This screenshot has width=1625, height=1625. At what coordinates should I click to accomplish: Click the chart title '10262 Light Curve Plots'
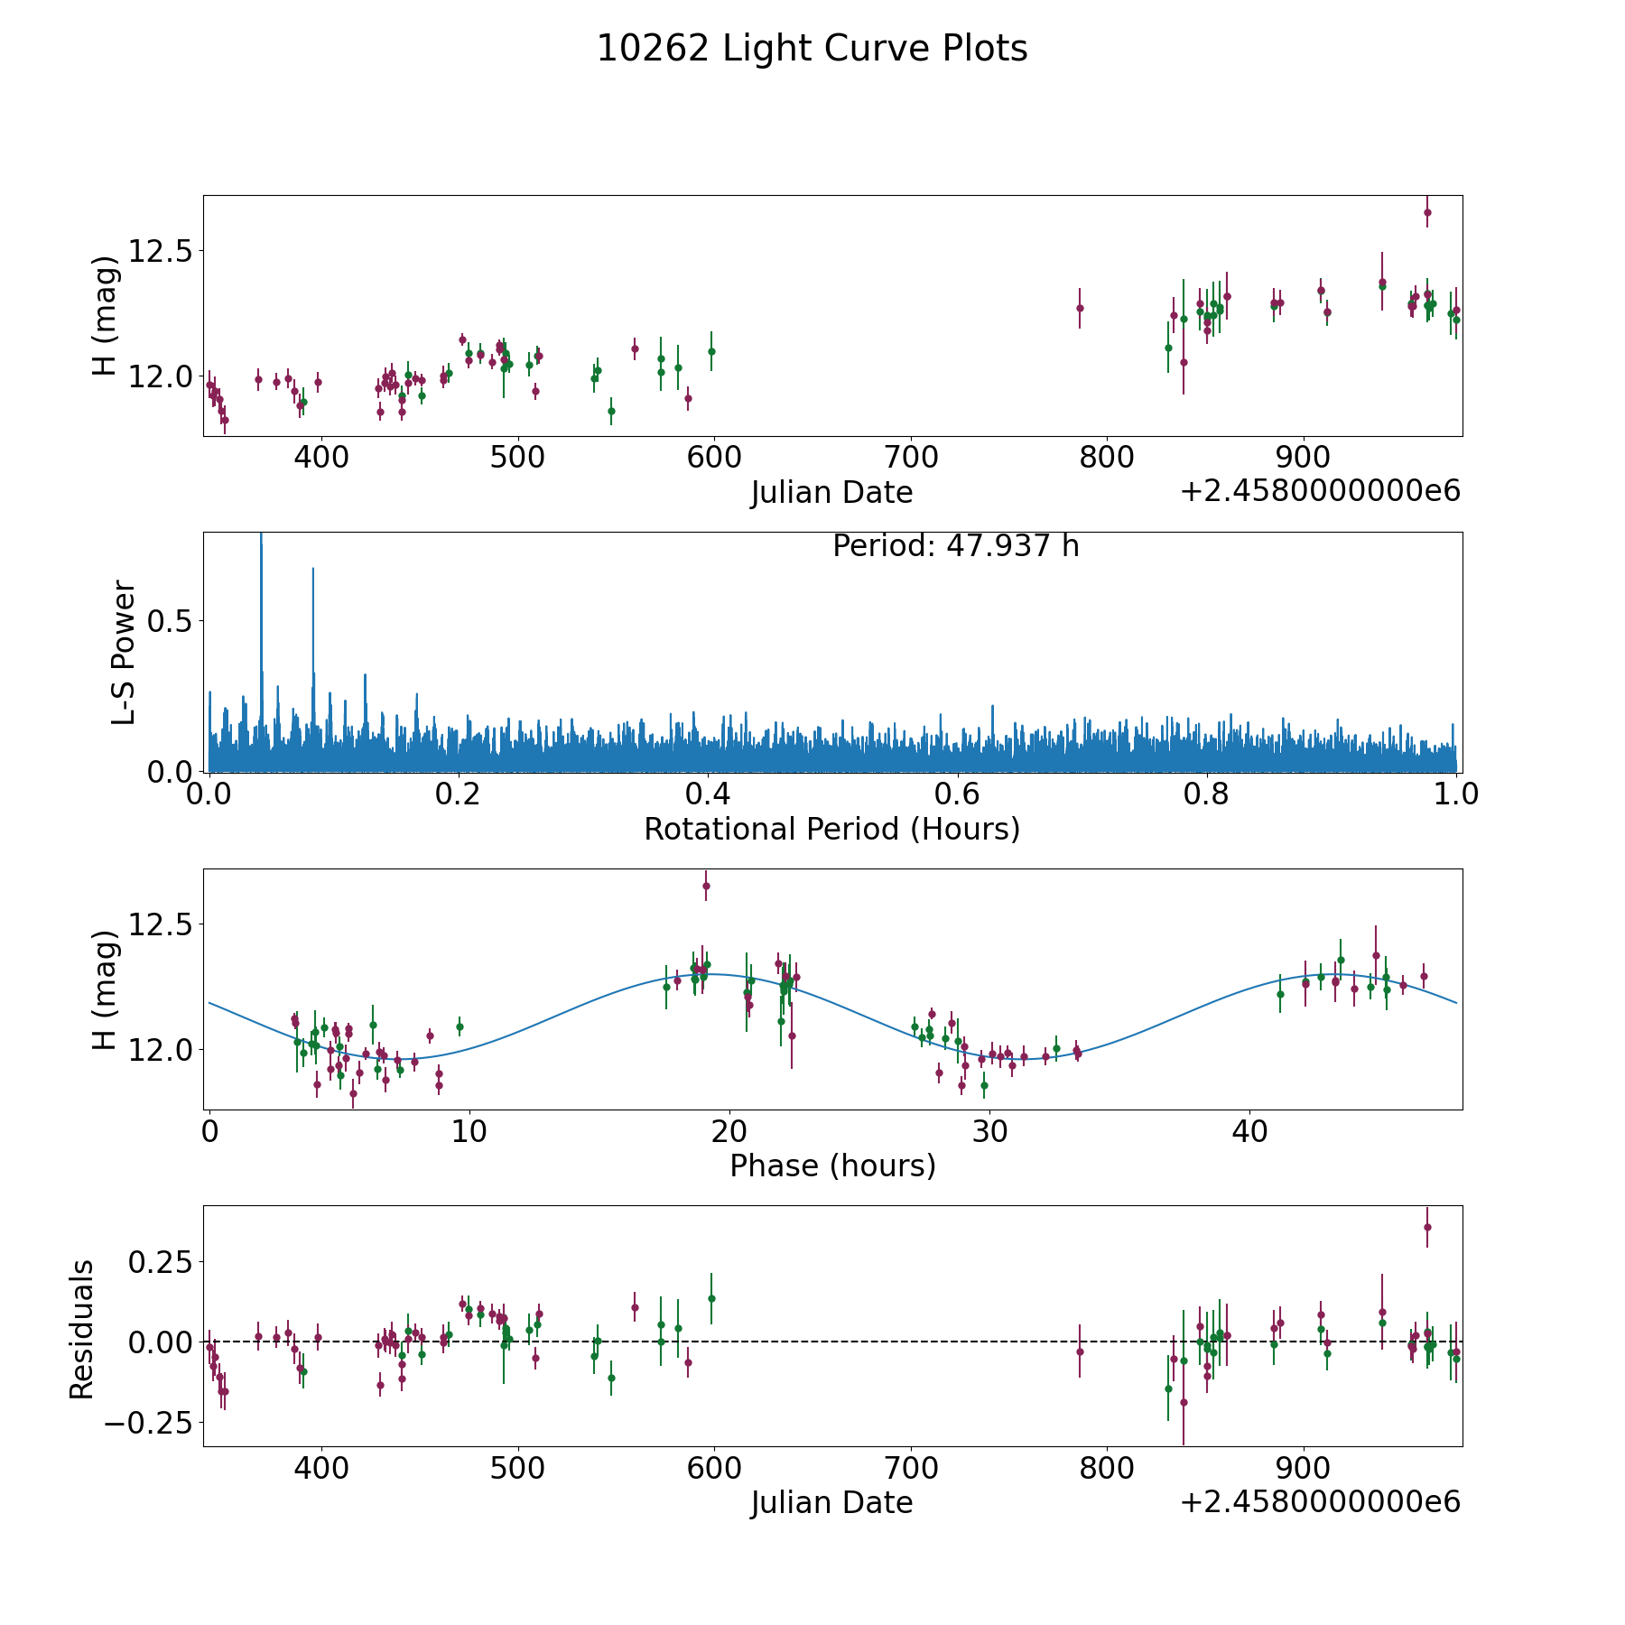click(x=812, y=50)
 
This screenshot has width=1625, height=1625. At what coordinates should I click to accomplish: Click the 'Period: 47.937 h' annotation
click(x=955, y=546)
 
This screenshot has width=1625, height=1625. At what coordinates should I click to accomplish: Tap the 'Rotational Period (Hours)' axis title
click(x=831, y=829)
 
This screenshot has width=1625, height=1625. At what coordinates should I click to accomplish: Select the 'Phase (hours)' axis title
click(x=831, y=1165)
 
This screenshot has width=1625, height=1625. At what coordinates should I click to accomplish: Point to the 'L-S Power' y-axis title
click(x=124, y=652)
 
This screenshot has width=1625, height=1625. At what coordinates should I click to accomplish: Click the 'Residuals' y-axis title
click(x=82, y=1329)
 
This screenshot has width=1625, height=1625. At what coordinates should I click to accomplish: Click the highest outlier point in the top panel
click(x=1427, y=213)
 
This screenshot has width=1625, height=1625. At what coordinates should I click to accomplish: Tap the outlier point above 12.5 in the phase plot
click(x=706, y=886)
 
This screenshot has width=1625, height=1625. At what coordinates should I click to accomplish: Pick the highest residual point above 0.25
click(x=1427, y=1227)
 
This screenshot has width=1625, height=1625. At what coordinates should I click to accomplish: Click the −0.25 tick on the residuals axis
click(x=150, y=1423)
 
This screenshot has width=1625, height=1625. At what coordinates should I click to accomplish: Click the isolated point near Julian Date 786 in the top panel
click(x=1079, y=308)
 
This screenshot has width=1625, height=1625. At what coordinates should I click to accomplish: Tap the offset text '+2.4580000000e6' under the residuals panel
click(x=1320, y=1502)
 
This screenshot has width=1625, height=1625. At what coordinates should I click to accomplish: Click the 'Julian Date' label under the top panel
click(x=831, y=493)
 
